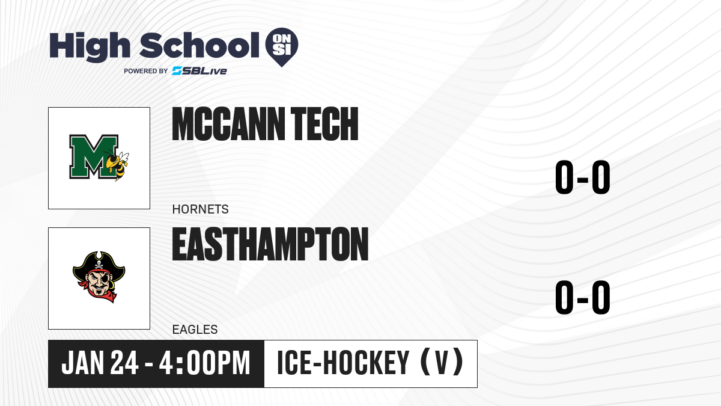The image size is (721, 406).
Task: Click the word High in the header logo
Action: tap(90, 47)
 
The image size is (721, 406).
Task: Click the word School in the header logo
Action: tap(199, 45)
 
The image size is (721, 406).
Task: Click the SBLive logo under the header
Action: tap(199, 71)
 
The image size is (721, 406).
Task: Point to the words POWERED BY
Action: tap(146, 71)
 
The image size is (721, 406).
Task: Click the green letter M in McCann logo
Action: tap(94, 156)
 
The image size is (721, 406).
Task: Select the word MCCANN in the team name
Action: tap(228, 124)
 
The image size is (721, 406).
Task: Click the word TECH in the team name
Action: tap(324, 124)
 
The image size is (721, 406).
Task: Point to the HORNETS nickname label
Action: tap(201, 209)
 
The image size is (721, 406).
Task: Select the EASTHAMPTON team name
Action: tap(270, 244)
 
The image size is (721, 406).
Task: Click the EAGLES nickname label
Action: tap(195, 330)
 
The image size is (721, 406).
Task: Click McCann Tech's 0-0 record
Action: tap(583, 177)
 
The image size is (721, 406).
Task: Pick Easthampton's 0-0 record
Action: tap(583, 297)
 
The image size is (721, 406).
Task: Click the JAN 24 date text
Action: tap(100, 363)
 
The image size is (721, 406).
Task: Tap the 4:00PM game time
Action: tap(205, 363)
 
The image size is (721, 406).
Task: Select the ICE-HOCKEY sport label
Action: tap(343, 363)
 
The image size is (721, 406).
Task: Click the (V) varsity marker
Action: tap(442, 363)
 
